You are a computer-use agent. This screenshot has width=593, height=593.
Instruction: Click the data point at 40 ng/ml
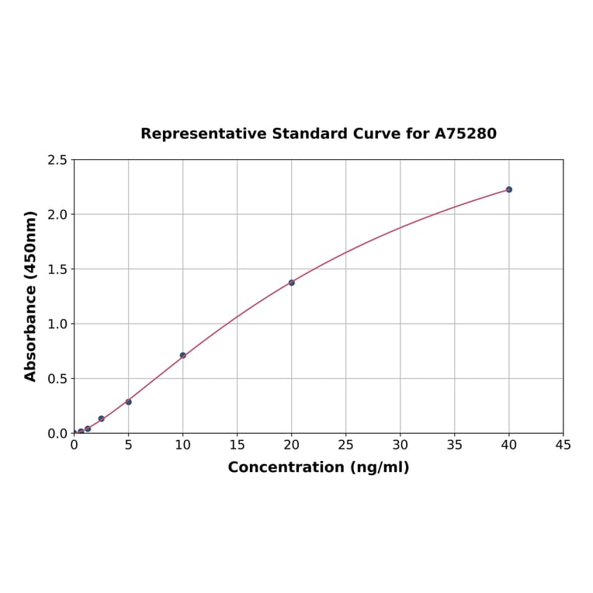point(509,189)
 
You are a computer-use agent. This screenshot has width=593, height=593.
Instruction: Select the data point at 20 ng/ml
point(292,283)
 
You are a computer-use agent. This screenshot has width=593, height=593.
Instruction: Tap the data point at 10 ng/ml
point(183,355)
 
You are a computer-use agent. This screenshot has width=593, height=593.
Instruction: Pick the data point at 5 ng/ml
point(129,402)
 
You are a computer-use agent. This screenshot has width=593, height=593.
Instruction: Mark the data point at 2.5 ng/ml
point(101,419)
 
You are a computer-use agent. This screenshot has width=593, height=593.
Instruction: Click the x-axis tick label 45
point(564,445)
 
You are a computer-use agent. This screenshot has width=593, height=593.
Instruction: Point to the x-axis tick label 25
point(346,445)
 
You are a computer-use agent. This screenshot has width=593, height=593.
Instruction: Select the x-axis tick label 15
point(238,445)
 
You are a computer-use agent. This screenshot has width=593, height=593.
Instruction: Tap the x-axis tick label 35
point(455,445)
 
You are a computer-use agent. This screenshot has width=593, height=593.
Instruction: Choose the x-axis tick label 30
point(401,445)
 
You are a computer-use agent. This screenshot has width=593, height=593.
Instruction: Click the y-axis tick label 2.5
point(57,160)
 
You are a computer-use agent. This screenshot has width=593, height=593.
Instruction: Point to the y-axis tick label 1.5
point(57,269)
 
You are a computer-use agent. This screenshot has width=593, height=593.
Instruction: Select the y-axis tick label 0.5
point(57,379)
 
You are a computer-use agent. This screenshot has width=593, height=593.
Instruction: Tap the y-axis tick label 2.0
point(57,214)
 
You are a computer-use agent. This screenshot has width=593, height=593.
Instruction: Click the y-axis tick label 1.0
point(57,324)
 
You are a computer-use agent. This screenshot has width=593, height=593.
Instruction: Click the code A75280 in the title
point(465,134)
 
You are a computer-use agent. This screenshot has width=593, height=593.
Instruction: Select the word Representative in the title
point(203,134)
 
